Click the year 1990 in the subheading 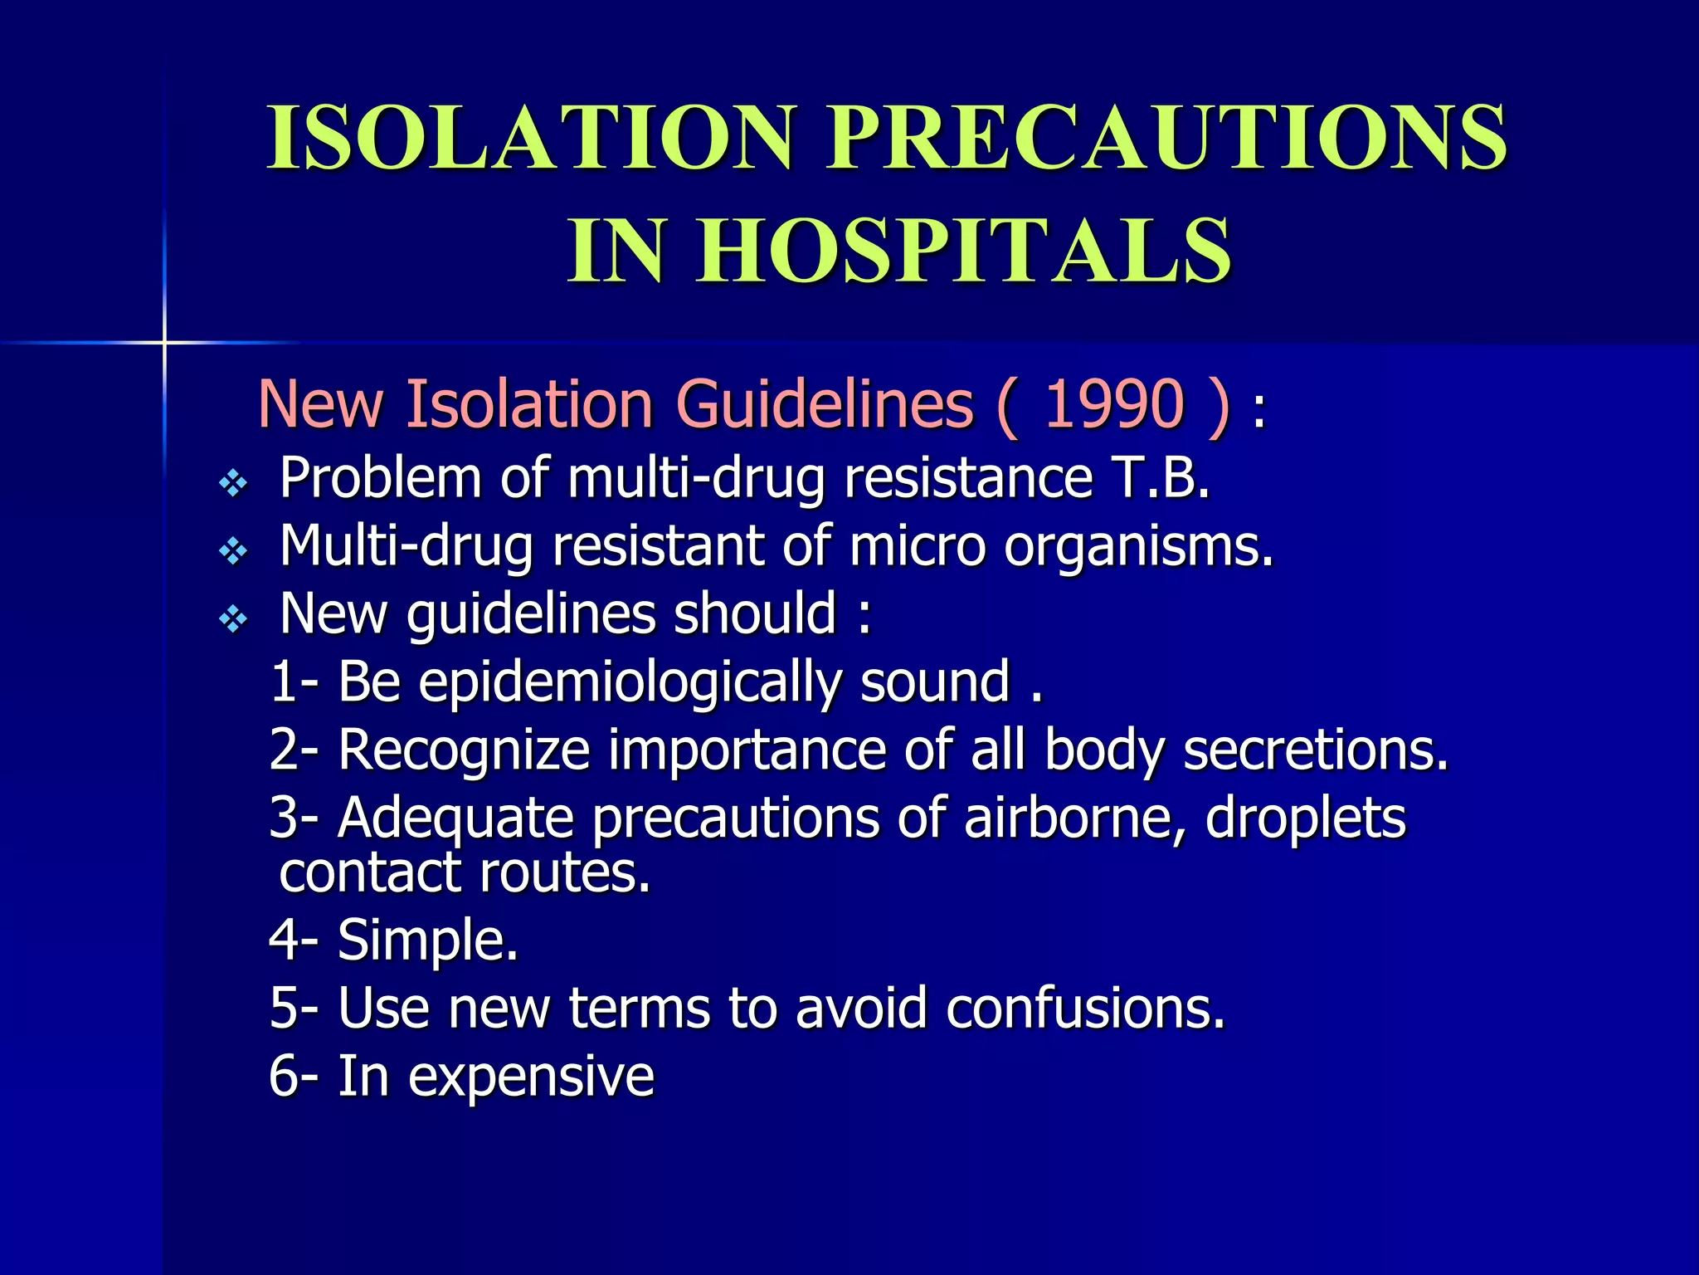(x=1112, y=404)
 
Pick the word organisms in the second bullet (x=1137, y=547)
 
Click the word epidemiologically (x=630, y=683)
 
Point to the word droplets (x=1306, y=818)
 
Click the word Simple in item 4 (x=427, y=940)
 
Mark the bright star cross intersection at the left (x=164, y=342)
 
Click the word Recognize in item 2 (x=464, y=750)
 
